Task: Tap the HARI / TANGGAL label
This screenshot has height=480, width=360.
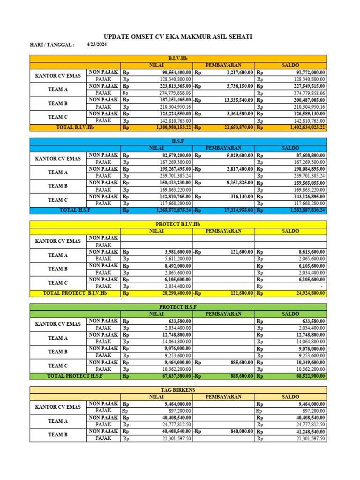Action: (x=52, y=45)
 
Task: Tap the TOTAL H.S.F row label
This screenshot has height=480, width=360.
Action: (x=75, y=210)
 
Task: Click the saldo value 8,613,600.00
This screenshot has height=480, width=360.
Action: (x=311, y=252)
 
